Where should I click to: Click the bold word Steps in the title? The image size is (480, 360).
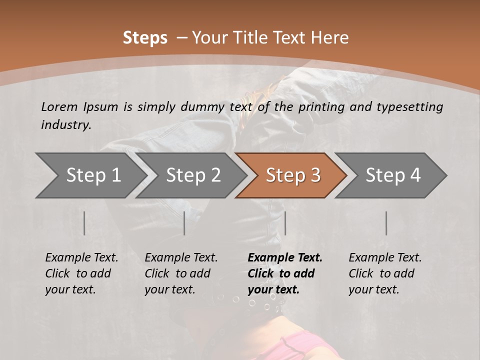(x=145, y=38)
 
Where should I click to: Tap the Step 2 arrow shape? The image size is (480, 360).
(x=193, y=175)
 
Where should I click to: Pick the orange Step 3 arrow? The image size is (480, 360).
(x=293, y=175)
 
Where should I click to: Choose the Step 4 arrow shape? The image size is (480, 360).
(x=393, y=175)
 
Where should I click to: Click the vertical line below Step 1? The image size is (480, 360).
(x=84, y=223)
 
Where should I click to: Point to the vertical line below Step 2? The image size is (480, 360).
(x=184, y=223)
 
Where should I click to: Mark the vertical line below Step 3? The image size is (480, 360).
(x=285, y=223)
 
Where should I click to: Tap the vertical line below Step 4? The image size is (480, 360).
(x=386, y=223)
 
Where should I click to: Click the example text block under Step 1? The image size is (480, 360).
(x=81, y=273)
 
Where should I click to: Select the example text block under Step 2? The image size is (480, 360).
(x=181, y=273)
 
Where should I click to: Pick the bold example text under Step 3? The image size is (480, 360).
(x=285, y=273)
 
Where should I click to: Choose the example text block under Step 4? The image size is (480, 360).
(x=385, y=273)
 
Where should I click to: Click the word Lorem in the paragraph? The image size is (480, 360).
(x=59, y=107)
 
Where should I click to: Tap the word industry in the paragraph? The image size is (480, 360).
(x=66, y=124)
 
